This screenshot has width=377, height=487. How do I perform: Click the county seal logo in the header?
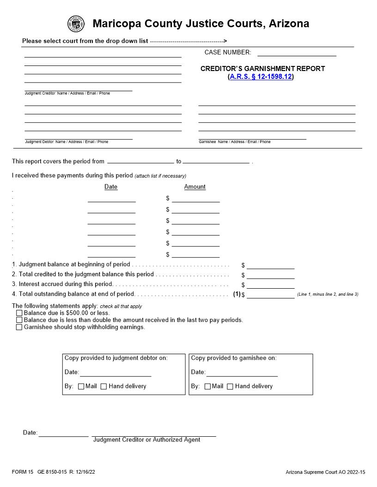[x=76, y=24]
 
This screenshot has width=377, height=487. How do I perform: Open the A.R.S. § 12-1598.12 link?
[x=261, y=77]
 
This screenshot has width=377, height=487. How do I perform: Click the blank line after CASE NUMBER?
[x=297, y=53]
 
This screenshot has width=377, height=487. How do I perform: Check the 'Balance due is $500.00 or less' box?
[x=19, y=313]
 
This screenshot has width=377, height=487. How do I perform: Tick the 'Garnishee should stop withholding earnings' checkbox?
[x=19, y=327]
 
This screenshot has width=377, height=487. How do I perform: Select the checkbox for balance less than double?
[x=19, y=320]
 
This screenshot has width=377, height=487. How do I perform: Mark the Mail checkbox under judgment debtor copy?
[x=81, y=386]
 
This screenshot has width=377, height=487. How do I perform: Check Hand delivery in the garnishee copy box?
[x=230, y=386]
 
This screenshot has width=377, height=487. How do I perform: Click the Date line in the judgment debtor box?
[x=116, y=373]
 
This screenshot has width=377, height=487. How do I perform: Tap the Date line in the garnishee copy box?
[x=242, y=373]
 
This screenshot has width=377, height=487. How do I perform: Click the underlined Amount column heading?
[x=195, y=187]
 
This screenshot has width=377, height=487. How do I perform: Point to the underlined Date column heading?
[x=111, y=187]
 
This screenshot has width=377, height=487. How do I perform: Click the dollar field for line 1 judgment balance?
[x=270, y=266]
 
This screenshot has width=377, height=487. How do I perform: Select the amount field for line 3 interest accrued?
[x=270, y=285]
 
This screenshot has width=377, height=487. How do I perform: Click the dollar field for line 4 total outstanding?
[x=270, y=295]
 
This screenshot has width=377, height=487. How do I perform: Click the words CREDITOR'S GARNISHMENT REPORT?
[x=262, y=69]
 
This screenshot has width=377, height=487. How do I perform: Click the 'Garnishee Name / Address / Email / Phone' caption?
[x=235, y=142]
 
